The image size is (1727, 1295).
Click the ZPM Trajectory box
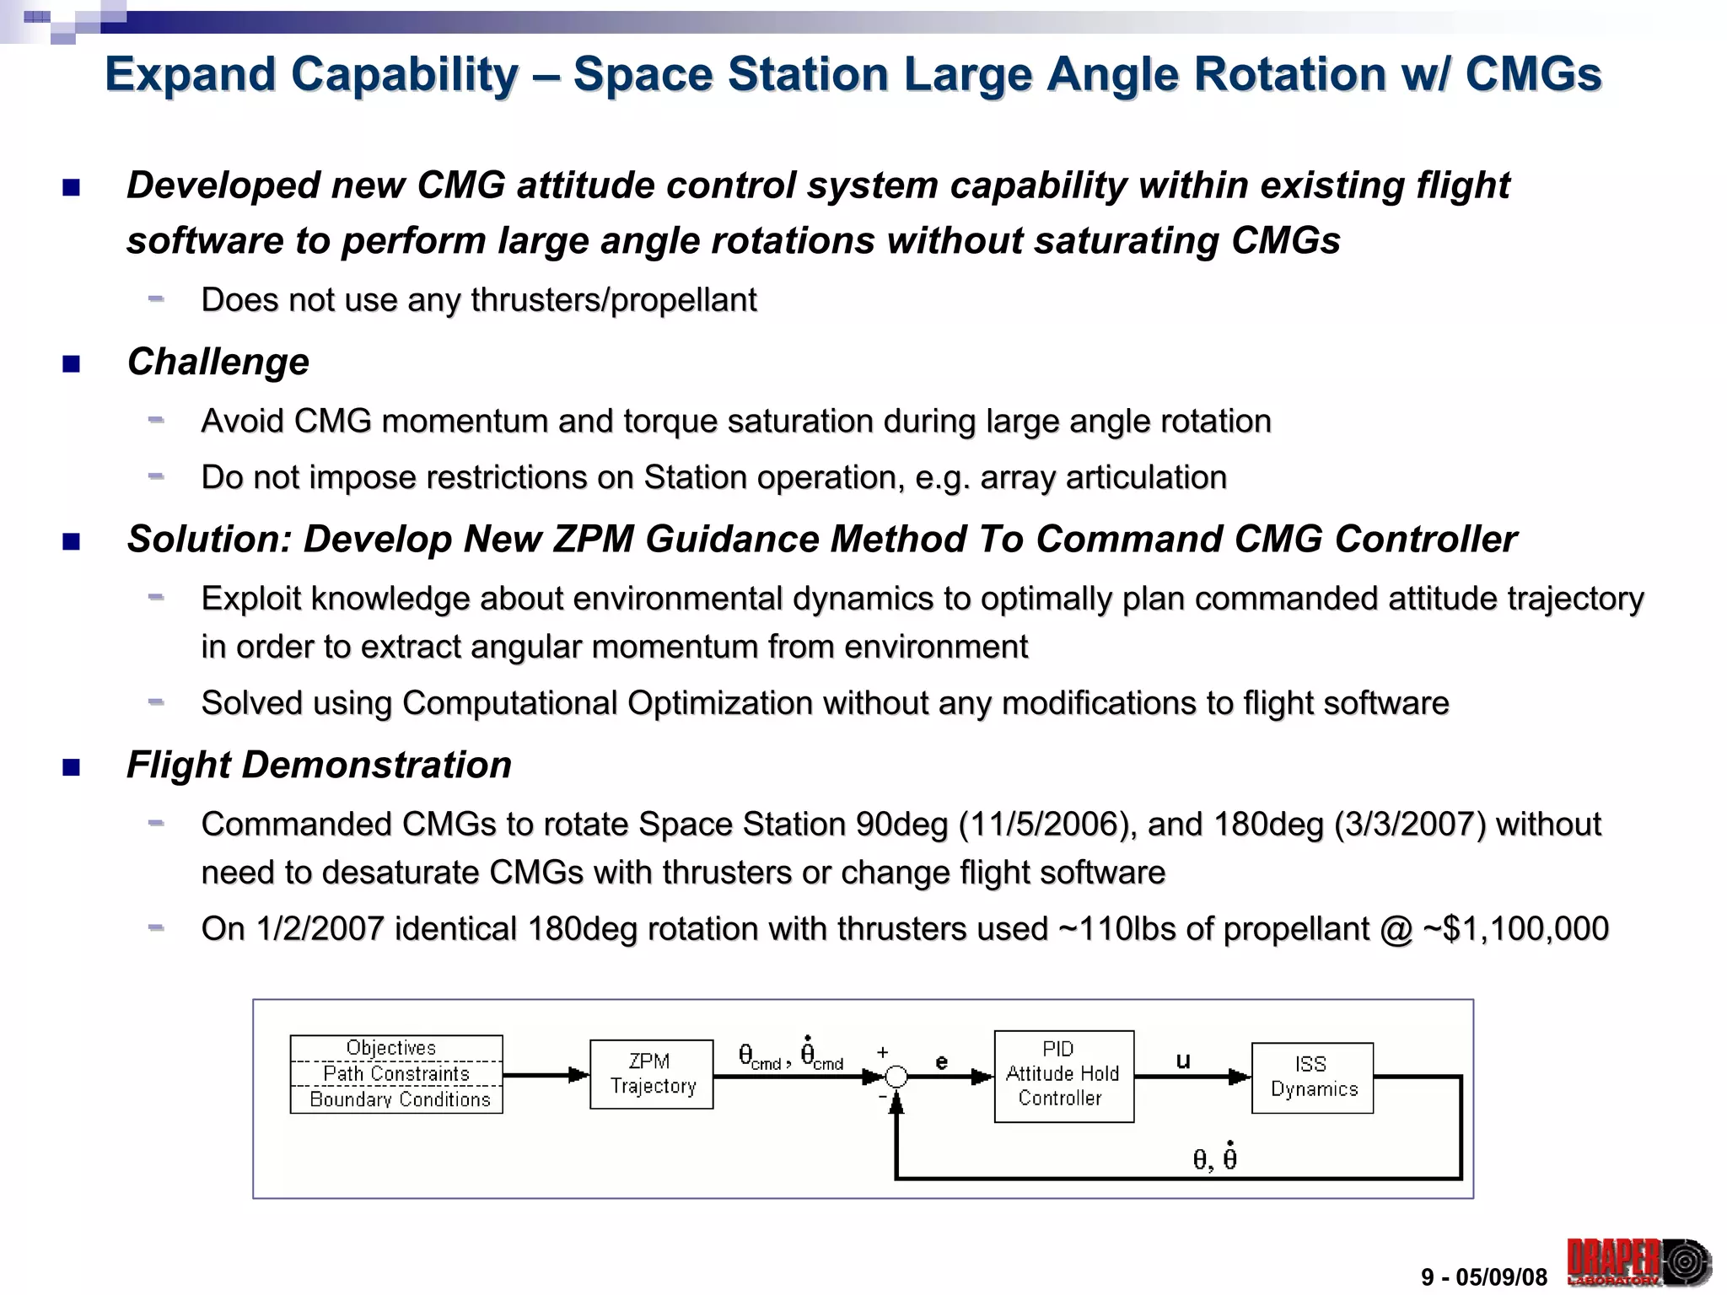pyautogui.click(x=652, y=1073)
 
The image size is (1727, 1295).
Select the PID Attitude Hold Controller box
pyautogui.click(x=1063, y=1075)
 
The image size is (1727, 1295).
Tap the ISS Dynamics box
pyautogui.click(x=1312, y=1077)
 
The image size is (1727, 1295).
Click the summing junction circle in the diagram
pyautogui.click(x=896, y=1077)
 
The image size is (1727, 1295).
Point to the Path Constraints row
pyautogui.click(x=396, y=1073)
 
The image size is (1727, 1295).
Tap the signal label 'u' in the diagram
pyautogui.click(x=1183, y=1061)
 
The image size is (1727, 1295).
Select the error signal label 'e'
pyautogui.click(x=942, y=1061)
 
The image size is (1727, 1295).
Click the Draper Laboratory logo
pyautogui.click(x=1638, y=1262)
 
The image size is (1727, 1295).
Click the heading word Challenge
pyautogui.click(x=218, y=362)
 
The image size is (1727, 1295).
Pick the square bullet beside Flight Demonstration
pyautogui.click(x=72, y=767)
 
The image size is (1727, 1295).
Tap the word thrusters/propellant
pyautogui.click(x=613, y=299)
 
